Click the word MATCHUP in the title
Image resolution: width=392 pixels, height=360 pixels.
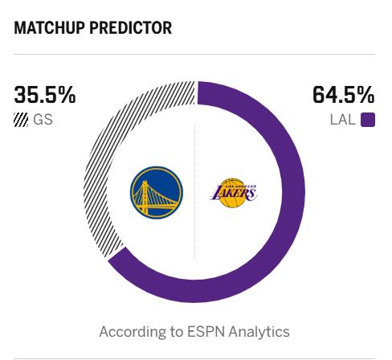pyautogui.click(x=50, y=27)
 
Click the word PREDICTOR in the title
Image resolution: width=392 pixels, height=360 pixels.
pyautogui.click(x=131, y=27)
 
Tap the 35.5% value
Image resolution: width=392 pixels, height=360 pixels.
pyautogui.click(x=45, y=95)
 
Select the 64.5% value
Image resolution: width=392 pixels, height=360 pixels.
pyautogui.click(x=344, y=95)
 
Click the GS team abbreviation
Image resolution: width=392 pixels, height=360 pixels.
pyautogui.click(x=43, y=120)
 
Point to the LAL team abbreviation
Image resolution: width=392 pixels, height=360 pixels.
pyautogui.click(x=343, y=120)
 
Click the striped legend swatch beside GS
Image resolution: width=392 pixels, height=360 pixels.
pyautogui.click(x=21, y=120)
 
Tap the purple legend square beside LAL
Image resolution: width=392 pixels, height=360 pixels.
pyautogui.click(x=368, y=120)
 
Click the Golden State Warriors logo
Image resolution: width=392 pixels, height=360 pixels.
pyautogui.click(x=157, y=193)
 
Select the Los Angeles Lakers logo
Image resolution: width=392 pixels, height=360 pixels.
pyautogui.click(x=233, y=193)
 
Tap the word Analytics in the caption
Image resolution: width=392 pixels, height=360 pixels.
pyautogui.click(x=259, y=332)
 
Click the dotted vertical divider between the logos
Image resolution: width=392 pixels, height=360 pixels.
pyautogui.click(x=194, y=191)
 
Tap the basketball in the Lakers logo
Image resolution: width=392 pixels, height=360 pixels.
pyautogui.click(x=232, y=194)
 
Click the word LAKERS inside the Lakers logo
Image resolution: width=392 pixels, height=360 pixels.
pyautogui.click(x=233, y=193)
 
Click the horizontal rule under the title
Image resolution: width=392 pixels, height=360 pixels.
pyautogui.click(x=194, y=54)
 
